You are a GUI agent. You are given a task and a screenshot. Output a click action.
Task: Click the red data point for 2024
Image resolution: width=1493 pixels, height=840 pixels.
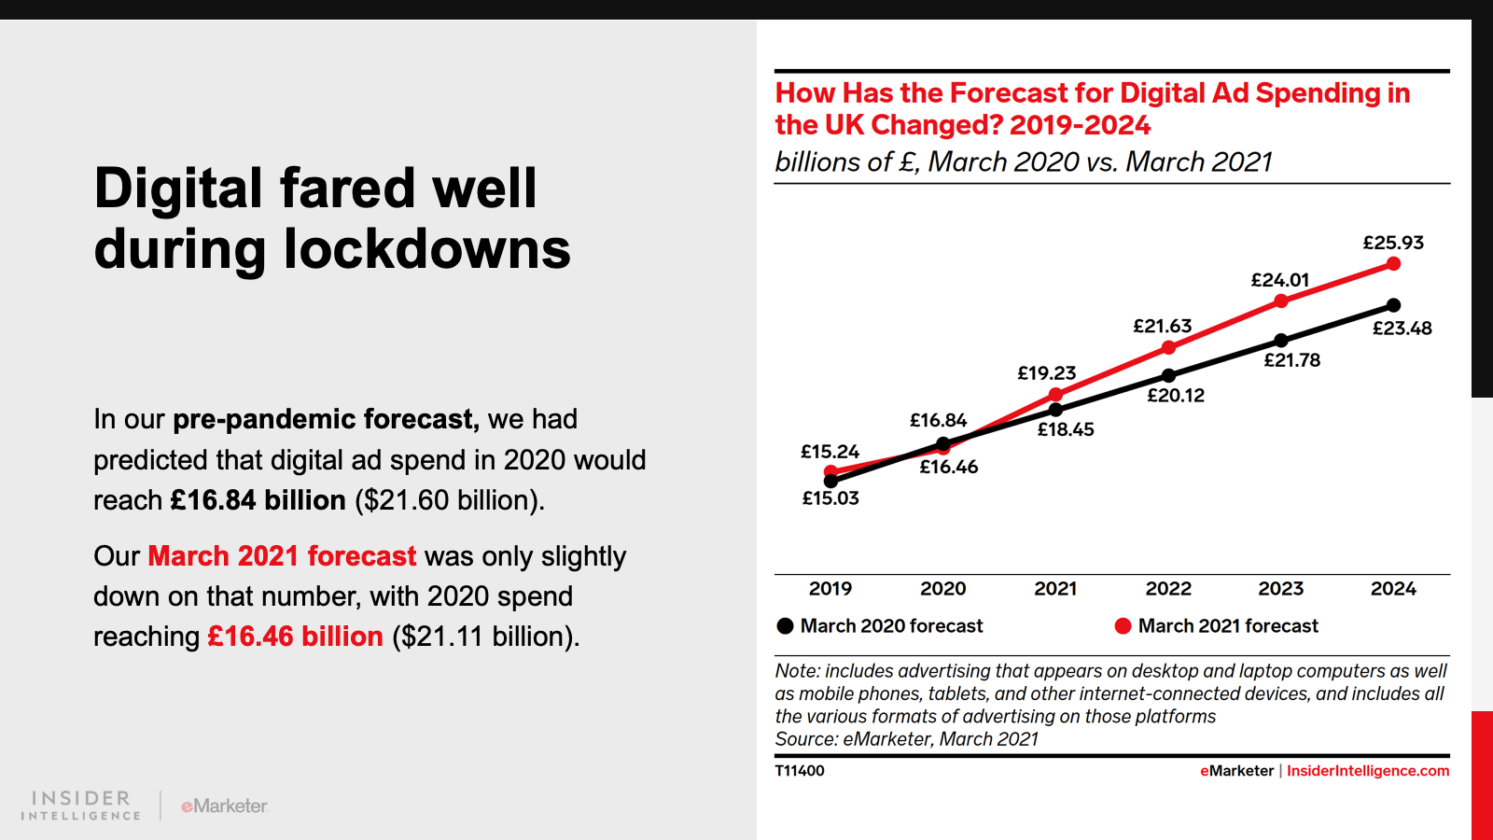point(1393,264)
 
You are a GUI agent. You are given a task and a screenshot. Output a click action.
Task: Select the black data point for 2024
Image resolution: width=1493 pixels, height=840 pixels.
point(1393,305)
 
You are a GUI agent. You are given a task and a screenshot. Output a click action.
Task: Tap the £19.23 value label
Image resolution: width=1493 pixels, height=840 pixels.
point(1046,373)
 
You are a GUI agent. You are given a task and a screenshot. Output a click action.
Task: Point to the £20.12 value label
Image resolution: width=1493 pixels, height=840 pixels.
point(1175,396)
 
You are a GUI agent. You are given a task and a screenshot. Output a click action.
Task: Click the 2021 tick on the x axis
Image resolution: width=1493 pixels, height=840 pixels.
point(1055,589)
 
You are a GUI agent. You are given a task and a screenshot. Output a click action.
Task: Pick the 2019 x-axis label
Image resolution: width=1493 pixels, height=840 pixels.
point(830,589)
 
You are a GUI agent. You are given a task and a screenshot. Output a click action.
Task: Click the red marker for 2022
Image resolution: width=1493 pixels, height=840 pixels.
point(1168,347)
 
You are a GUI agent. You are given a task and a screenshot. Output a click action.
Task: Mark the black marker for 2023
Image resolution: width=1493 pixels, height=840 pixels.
point(1281,341)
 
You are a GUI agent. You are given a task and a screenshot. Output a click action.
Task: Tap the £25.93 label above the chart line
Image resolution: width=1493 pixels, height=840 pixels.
point(1393,243)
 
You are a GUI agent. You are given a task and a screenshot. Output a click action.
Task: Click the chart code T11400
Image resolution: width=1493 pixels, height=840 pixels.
point(800,771)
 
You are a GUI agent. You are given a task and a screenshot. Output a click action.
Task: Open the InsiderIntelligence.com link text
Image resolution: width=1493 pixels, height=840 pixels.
point(1367,771)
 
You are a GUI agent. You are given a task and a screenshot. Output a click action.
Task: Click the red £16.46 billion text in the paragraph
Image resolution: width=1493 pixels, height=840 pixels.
point(295,637)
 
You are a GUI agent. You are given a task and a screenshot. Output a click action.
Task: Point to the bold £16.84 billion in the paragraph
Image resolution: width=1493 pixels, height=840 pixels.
point(258,500)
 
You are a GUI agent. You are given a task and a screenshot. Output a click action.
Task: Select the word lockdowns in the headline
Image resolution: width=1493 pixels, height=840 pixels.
point(426,250)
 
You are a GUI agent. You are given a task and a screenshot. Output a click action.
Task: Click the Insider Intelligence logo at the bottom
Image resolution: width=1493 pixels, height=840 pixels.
point(81,805)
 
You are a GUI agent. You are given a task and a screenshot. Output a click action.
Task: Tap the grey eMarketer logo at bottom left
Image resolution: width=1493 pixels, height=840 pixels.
point(224,805)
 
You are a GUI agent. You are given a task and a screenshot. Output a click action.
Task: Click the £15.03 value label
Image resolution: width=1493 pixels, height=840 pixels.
point(830,498)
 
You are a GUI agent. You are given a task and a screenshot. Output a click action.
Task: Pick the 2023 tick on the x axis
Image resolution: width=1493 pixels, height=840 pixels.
point(1280,589)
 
